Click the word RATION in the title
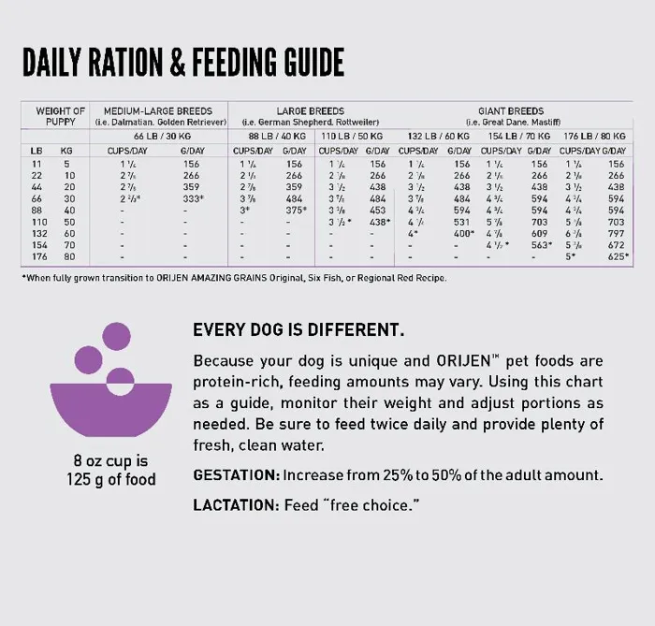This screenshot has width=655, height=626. (x=121, y=64)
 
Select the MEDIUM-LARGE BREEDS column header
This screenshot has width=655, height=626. (x=165, y=111)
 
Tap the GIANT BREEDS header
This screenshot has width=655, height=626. (x=511, y=111)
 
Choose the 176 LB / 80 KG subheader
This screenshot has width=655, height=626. (x=595, y=137)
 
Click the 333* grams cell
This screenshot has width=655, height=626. (x=191, y=199)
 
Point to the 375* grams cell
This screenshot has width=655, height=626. (x=294, y=211)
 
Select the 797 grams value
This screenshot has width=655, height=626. (x=615, y=233)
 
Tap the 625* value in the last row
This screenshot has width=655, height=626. (x=615, y=256)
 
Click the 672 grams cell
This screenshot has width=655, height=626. (x=615, y=245)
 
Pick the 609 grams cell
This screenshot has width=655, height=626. (x=539, y=233)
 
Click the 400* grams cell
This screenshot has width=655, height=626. (x=459, y=233)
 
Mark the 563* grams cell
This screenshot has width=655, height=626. (x=539, y=245)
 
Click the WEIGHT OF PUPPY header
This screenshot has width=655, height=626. (x=60, y=116)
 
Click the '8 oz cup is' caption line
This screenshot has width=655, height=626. (x=110, y=462)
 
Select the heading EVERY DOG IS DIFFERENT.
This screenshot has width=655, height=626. (x=298, y=330)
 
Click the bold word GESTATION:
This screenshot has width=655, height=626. (x=236, y=475)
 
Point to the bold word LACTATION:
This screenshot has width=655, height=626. (x=236, y=505)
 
